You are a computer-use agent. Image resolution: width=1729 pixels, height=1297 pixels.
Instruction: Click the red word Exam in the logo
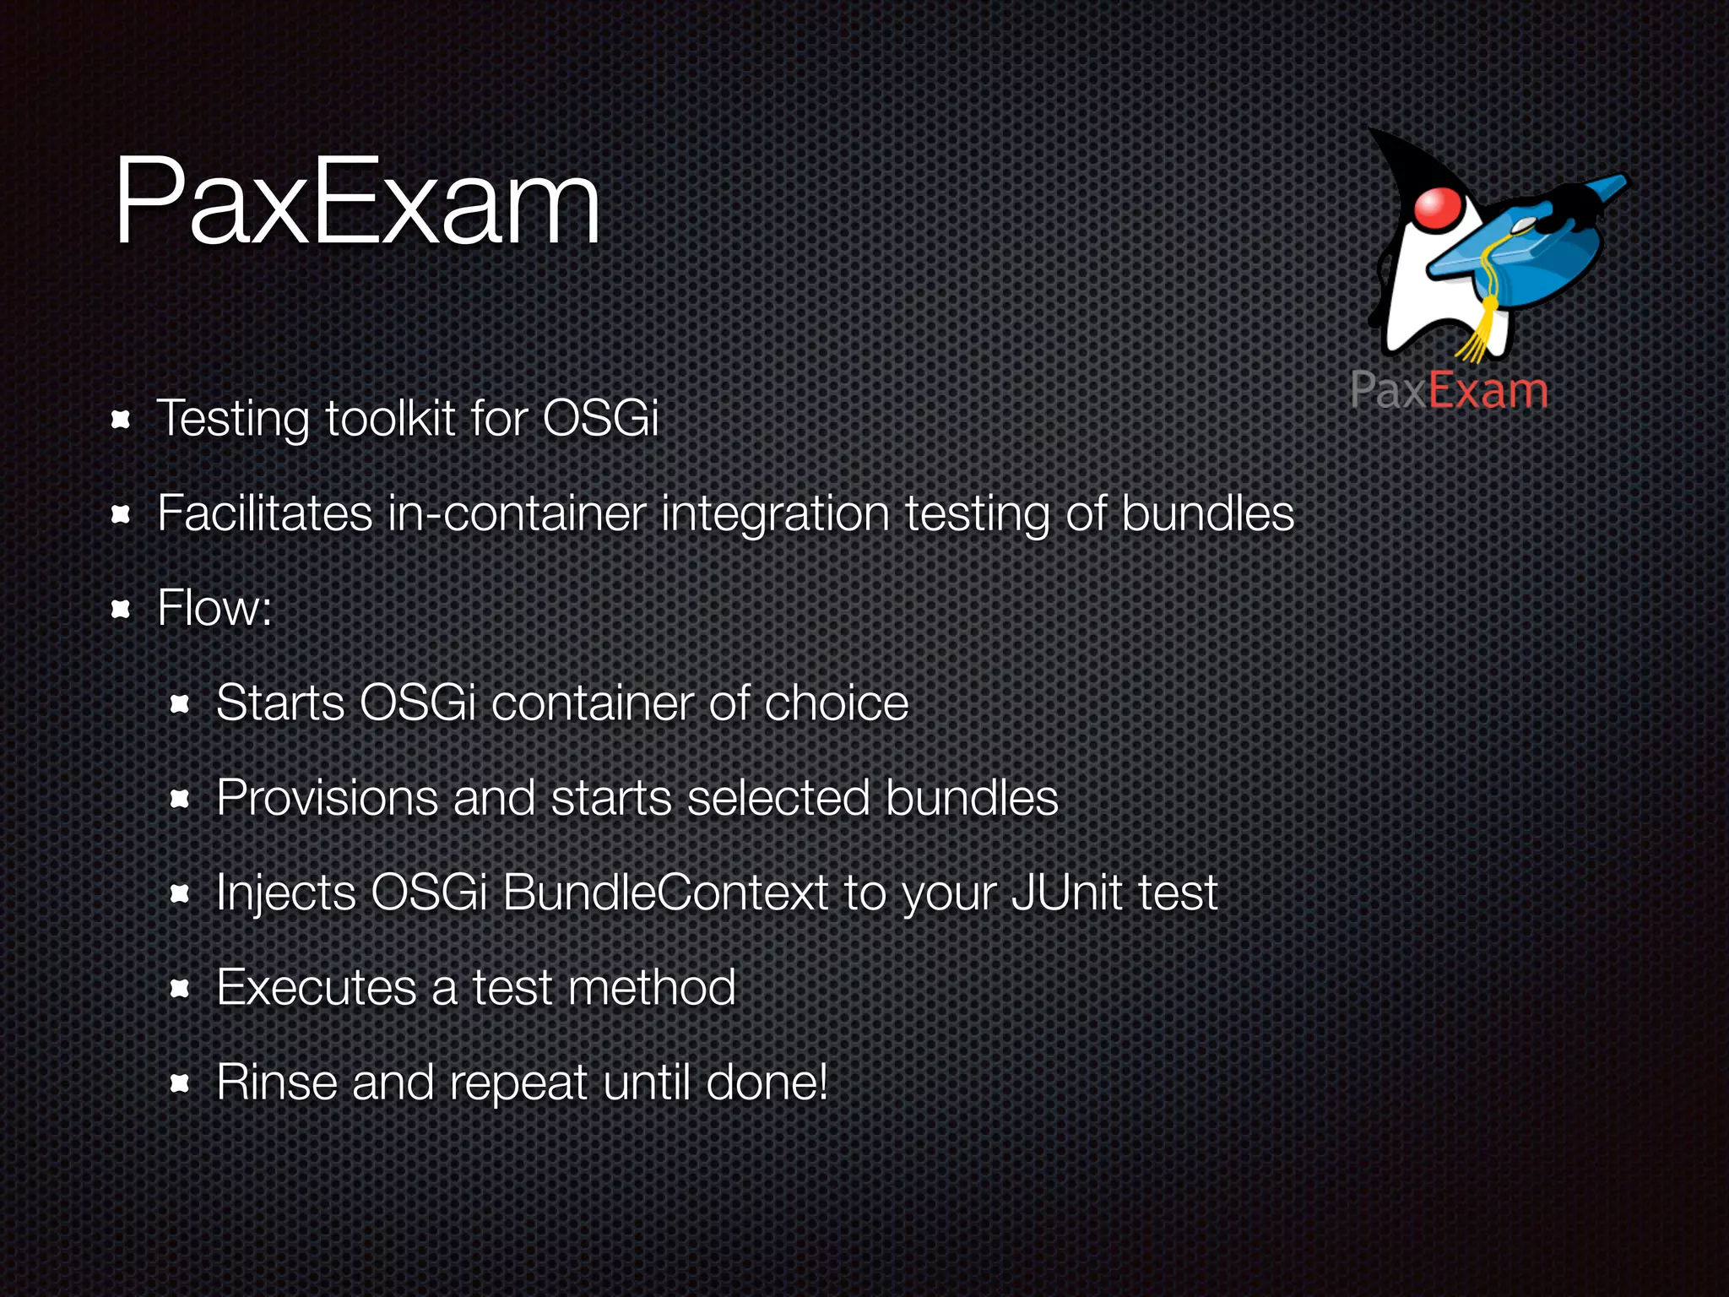[1488, 391]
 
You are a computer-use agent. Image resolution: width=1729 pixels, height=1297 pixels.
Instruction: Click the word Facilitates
[264, 513]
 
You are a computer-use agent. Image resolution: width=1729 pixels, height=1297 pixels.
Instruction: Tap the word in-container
[516, 513]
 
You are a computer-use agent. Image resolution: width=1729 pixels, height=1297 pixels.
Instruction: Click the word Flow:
[214, 608]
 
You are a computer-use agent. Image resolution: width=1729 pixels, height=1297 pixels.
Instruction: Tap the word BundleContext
[665, 893]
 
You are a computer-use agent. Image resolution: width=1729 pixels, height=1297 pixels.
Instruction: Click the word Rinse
[277, 1082]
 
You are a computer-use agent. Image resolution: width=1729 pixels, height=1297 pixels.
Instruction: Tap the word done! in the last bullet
[767, 1082]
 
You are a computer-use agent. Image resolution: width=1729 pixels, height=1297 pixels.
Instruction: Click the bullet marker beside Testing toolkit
[121, 420]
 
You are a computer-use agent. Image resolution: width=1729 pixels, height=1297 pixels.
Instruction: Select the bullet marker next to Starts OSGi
[179, 704]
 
